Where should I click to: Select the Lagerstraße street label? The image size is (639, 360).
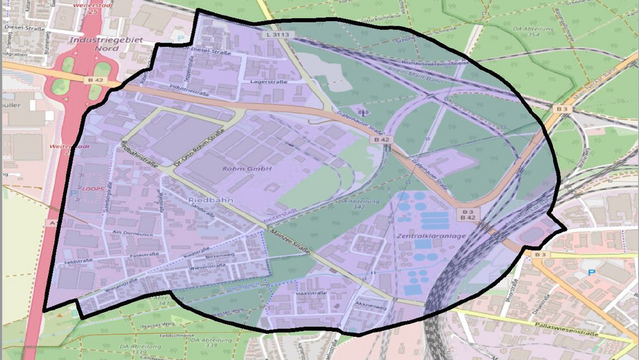(x=269, y=82)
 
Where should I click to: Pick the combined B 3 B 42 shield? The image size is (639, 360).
(x=468, y=214)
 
